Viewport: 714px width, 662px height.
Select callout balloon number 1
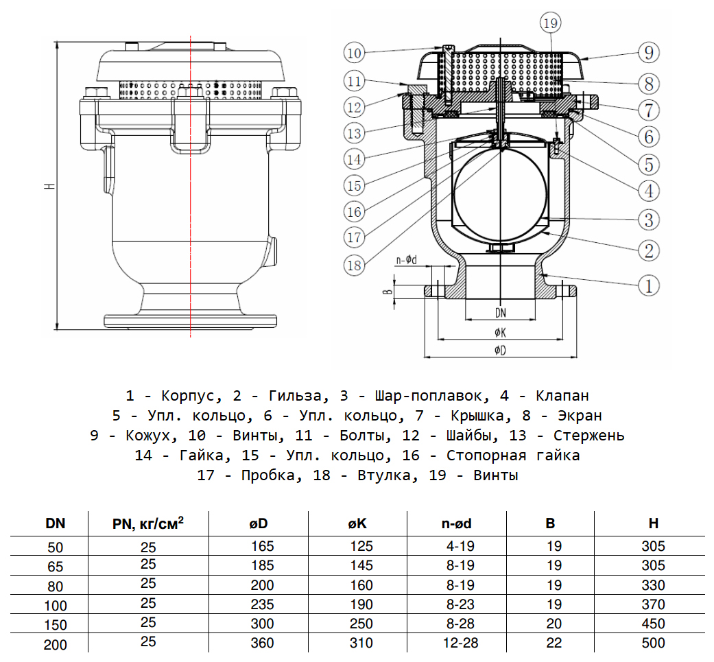pos(648,285)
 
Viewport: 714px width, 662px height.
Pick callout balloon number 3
pos(648,220)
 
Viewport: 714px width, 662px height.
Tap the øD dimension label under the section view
pos(500,351)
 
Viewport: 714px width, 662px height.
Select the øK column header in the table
pos(357,524)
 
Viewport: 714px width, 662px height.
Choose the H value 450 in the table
pos(653,624)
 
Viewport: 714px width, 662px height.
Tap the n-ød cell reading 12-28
pos(457,643)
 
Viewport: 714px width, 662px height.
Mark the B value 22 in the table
pos(554,643)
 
